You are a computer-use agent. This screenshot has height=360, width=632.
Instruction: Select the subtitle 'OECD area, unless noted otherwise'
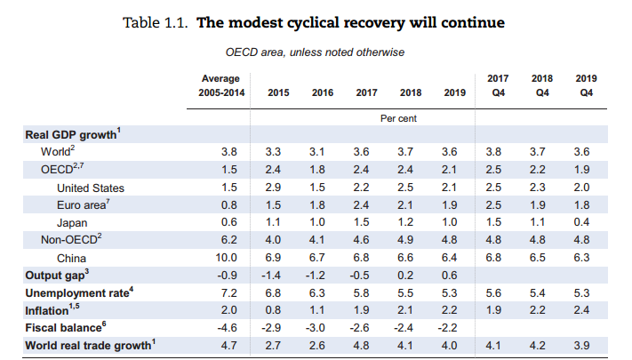(x=316, y=52)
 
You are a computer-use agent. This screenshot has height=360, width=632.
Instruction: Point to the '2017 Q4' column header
(x=499, y=85)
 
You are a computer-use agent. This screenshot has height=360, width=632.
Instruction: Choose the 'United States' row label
(x=90, y=188)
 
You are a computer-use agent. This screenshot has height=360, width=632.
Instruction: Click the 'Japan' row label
(x=72, y=222)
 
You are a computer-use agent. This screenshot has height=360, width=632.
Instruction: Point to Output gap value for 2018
(x=410, y=276)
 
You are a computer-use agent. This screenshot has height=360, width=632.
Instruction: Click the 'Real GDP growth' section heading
(x=72, y=135)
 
